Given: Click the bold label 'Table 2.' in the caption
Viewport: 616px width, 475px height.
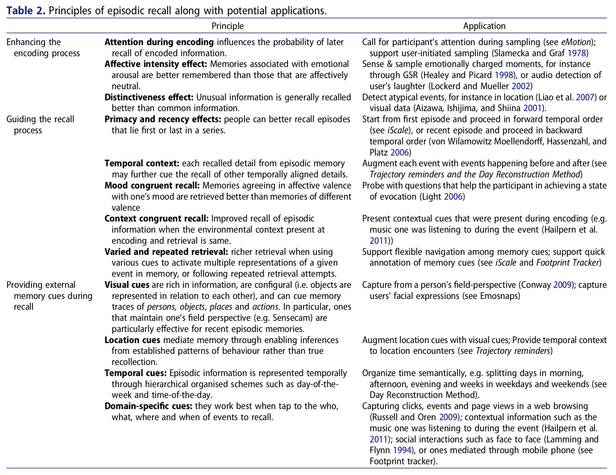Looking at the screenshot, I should pos(26,11).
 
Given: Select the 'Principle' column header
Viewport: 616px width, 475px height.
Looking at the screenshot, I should pos(227,26).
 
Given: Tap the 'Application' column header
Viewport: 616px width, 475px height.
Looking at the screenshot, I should pos(484,26).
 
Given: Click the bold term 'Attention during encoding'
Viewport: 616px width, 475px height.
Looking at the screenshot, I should pos(159,42).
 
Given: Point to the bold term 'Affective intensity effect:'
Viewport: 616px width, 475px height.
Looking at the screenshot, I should pos(156,64).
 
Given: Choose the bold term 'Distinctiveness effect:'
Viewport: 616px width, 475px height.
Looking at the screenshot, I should pos(149,97).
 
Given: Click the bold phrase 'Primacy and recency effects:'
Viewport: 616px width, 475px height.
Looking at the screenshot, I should pos(163,119).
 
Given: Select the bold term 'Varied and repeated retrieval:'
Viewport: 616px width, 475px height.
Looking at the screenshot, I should pos(166,252).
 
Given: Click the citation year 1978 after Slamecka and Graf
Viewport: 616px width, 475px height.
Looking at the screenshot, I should pos(576,53).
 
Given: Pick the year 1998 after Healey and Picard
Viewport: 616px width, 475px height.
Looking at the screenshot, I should pos(504,75).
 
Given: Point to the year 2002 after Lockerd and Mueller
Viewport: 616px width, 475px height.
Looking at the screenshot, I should pos(521,86).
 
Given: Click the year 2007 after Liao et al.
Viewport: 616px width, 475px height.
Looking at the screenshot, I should pos(585,97).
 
